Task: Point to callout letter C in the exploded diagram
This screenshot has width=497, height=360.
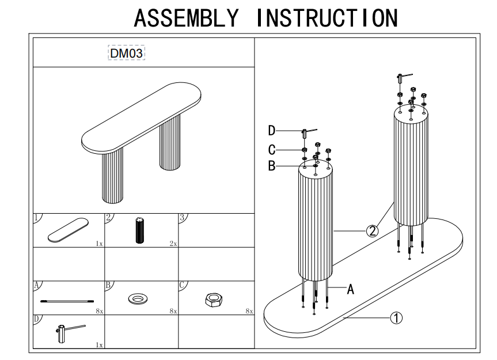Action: pos(271,150)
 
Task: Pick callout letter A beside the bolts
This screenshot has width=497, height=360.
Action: pos(350,290)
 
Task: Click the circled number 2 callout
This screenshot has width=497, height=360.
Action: pos(373,231)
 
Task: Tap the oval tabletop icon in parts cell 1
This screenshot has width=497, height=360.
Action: pos(68,230)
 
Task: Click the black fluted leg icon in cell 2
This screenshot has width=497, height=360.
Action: pos(139,231)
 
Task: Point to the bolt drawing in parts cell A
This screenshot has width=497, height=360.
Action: pos(67,300)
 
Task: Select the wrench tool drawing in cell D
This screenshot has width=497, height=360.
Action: pos(68,332)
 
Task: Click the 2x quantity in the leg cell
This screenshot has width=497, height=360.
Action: pos(173,244)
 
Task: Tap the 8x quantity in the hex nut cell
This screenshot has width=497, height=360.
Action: pos(249,311)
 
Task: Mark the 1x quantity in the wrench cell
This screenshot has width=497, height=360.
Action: pos(99,344)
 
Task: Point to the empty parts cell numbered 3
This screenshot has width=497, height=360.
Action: pos(216,230)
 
